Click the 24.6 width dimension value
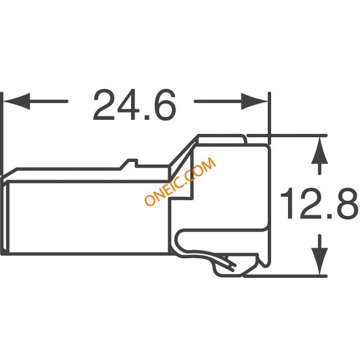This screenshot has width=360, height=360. click(x=135, y=105)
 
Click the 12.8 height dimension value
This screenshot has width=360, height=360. click(x=319, y=203)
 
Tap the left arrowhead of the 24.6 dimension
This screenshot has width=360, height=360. click(x=16, y=101)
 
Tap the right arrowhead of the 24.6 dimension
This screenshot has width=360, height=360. click(x=254, y=101)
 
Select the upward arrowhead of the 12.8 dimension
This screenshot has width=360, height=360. click(x=319, y=150)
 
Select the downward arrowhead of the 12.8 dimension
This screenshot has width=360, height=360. click(x=319, y=261)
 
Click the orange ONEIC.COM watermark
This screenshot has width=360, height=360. click(x=180, y=181)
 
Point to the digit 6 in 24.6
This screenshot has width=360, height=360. click(x=164, y=105)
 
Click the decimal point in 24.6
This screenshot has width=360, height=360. click(x=147, y=118)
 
